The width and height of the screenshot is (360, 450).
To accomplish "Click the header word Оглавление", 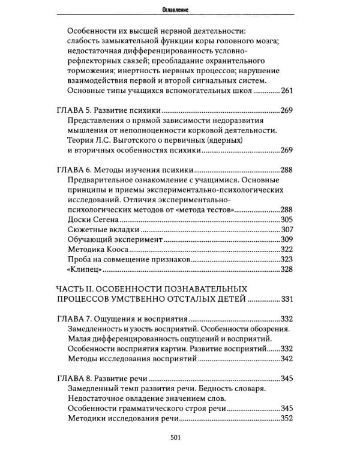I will [180, 8].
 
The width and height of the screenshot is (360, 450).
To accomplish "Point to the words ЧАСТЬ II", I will [78, 288].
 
